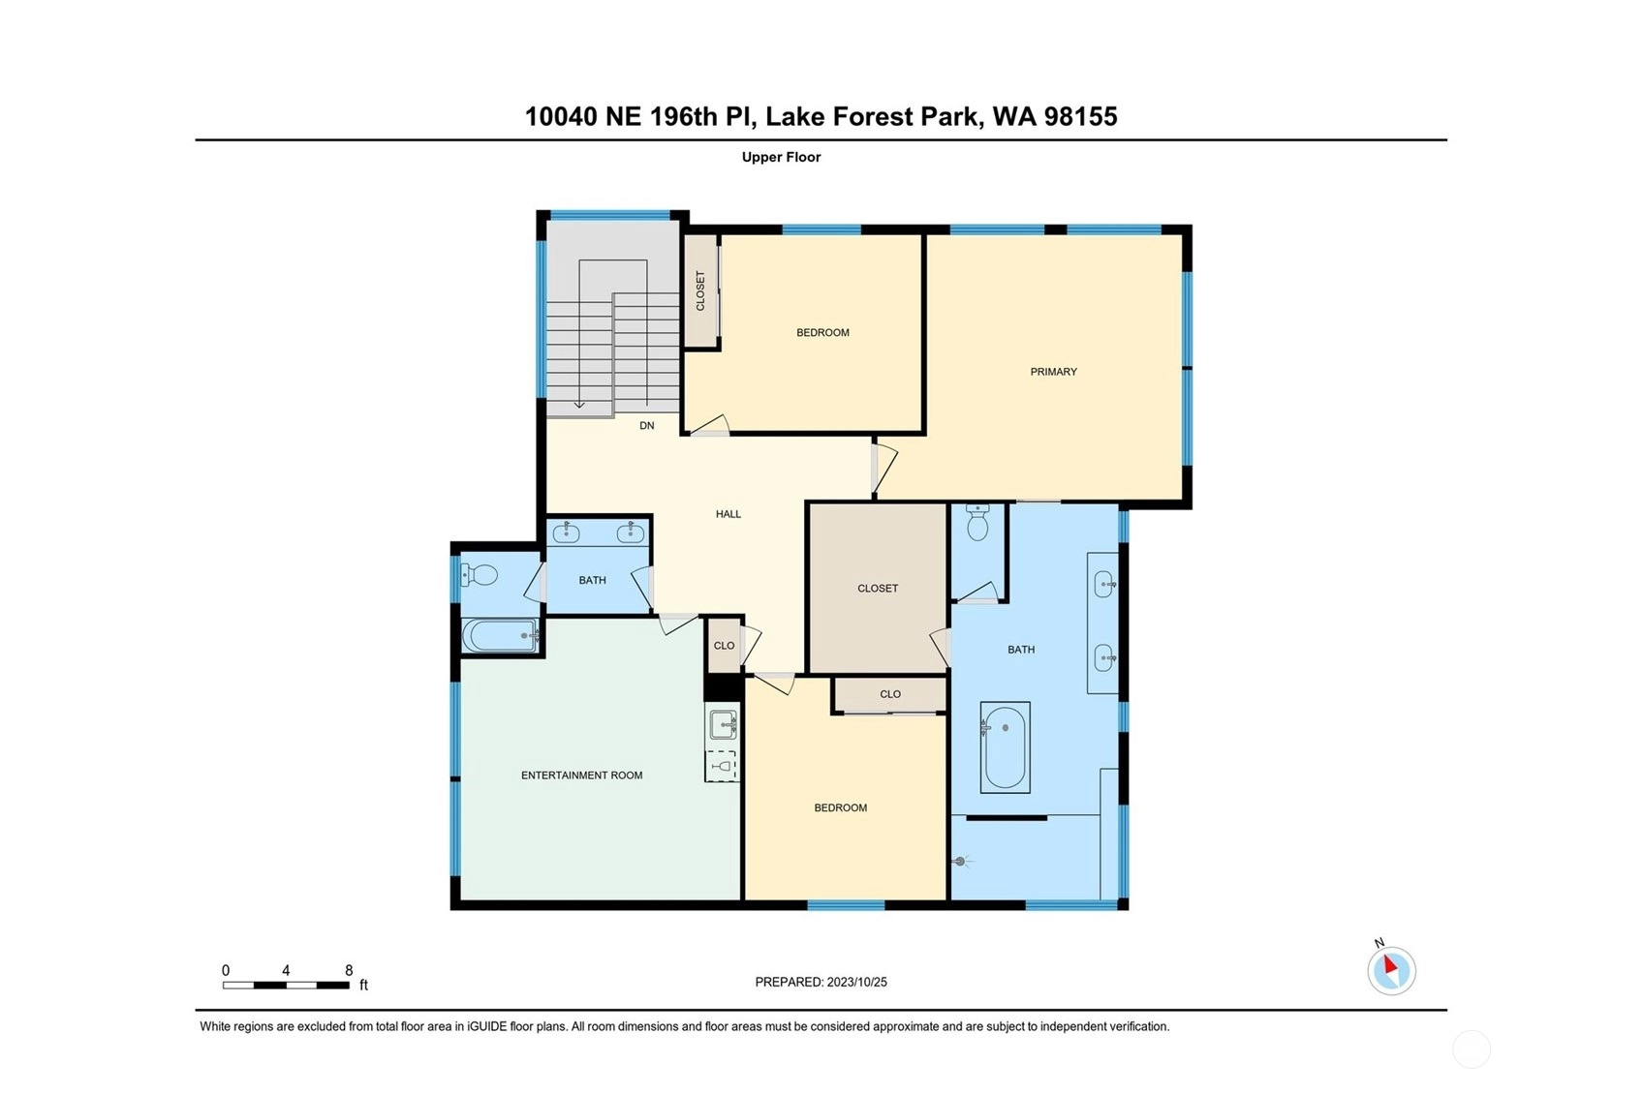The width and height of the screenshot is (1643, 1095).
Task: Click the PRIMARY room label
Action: [1053, 372]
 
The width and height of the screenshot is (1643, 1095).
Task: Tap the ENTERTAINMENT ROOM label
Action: [581, 776]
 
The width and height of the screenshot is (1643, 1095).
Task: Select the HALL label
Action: [728, 514]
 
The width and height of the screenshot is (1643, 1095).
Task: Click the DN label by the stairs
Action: [646, 426]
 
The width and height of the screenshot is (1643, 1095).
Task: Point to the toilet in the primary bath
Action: [977, 522]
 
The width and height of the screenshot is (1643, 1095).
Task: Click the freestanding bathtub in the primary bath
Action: [1005, 746]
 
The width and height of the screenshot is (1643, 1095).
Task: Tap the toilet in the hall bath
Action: [479, 575]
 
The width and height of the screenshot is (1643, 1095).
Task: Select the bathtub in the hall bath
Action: [500, 635]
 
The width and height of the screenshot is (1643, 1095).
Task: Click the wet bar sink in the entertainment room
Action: [724, 725]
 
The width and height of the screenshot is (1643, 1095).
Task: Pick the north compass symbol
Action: [1391, 970]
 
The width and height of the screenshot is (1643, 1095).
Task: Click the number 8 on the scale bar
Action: [349, 970]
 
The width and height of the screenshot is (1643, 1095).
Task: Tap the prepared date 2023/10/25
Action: [856, 982]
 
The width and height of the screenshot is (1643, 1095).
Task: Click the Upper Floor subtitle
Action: [781, 157]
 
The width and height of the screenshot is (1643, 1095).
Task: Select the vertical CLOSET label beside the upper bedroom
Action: [699, 291]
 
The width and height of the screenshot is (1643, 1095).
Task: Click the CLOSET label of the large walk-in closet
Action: [878, 589]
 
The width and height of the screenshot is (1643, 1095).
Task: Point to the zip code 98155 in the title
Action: [1080, 116]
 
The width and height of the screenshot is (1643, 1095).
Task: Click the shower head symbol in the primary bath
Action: [961, 862]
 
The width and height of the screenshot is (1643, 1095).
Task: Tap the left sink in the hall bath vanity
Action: [566, 532]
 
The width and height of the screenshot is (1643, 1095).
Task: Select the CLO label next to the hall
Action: [724, 646]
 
